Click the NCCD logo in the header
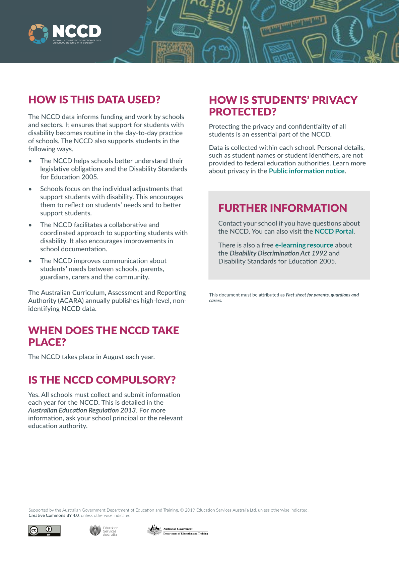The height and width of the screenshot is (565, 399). [x=65, y=34]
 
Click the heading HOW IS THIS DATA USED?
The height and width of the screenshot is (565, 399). [x=94, y=100]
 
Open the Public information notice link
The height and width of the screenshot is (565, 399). [x=307, y=171]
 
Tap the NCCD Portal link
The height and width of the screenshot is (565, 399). [x=334, y=232]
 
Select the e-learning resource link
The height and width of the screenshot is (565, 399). [x=304, y=245]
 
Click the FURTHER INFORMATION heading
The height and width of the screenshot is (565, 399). [x=282, y=208]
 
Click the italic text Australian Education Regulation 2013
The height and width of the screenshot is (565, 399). [x=82, y=410]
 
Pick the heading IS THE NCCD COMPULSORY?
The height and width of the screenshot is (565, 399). [x=102, y=380]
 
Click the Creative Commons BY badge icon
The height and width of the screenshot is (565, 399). [x=44, y=530]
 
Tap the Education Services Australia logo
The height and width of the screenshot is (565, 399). [x=104, y=530]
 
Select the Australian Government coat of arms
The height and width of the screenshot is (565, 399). [x=154, y=530]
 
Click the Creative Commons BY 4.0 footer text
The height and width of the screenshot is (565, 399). [x=54, y=516]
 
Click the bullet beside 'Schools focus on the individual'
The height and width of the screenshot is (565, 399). [x=30, y=189]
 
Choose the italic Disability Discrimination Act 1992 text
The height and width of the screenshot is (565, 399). [x=278, y=253]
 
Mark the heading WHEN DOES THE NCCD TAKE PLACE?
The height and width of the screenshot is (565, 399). [x=103, y=336]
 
